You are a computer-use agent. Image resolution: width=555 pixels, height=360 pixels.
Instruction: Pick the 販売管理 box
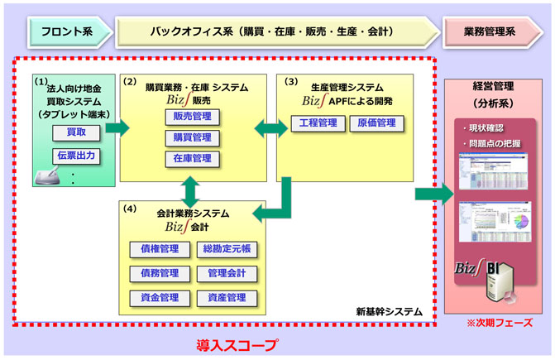pos(192,116)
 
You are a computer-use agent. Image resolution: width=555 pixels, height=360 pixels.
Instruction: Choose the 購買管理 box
pos(192,137)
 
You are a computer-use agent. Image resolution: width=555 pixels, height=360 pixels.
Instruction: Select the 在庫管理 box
pos(192,158)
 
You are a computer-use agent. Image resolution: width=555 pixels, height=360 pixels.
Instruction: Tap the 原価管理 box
pos(377,123)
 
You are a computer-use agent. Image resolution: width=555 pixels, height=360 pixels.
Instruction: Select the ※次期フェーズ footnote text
pos(499,322)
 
